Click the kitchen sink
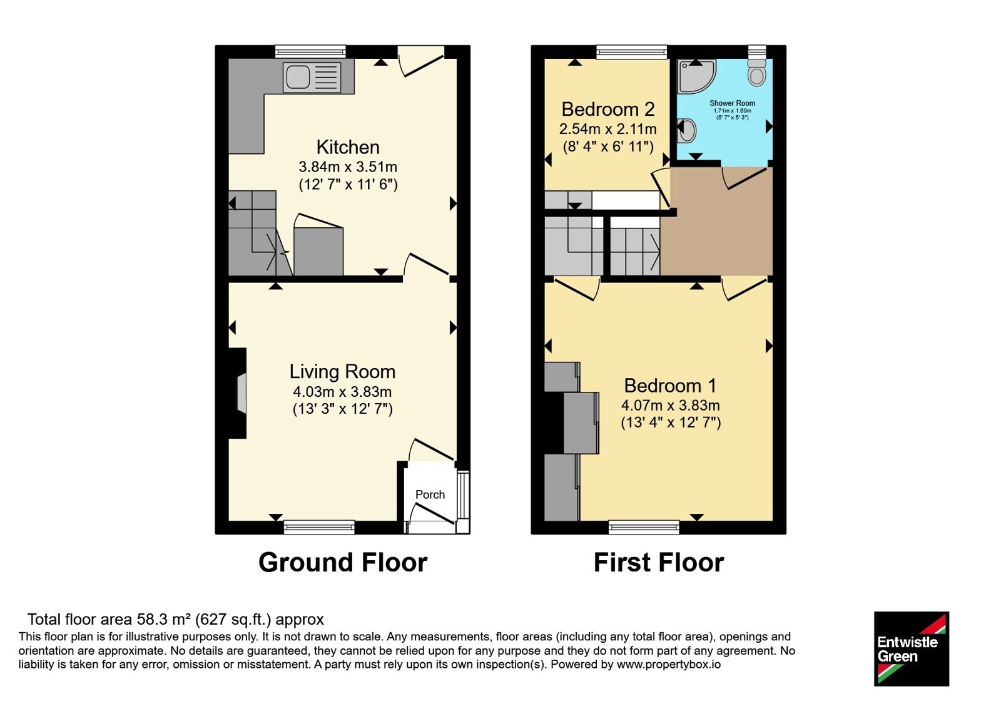(312, 77)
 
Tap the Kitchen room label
(348, 147)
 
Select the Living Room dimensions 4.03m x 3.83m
(342, 392)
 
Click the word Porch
(430, 494)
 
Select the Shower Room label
(732, 103)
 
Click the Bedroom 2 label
(607, 109)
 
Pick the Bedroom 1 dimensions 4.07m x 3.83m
(670, 406)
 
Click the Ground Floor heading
(343, 563)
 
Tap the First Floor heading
(659, 563)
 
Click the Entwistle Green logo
(911, 648)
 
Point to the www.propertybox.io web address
(669, 664)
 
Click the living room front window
(319, 527)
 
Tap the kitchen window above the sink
(310, 52)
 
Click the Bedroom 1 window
(644, 527)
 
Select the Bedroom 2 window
(631, 52)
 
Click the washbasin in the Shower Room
(686, 130)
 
